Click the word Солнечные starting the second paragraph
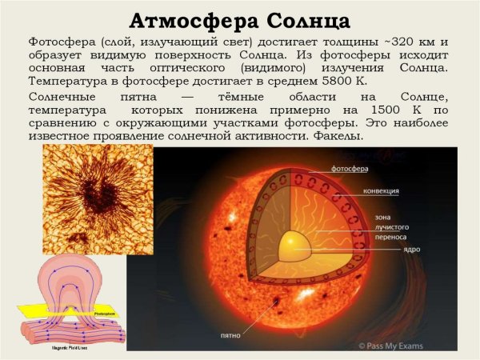[60, 98]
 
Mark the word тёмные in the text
[239, 98]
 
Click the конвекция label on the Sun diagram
[360, 192]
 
